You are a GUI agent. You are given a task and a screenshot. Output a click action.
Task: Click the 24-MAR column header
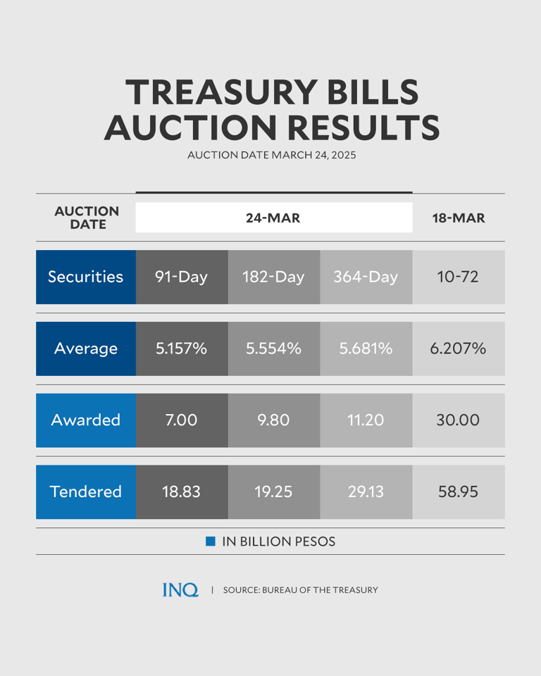pos(273,218)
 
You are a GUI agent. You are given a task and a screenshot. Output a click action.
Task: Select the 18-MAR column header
pos(459,218)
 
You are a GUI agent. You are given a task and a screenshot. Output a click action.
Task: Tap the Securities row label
pos(85,277)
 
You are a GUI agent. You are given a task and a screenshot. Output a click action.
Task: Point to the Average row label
pos(85,349)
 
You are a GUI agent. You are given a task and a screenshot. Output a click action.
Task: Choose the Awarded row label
pos(85,420)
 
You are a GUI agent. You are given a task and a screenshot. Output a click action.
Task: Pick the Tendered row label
pos(85,492)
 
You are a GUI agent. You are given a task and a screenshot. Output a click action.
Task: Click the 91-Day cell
pos(182,277)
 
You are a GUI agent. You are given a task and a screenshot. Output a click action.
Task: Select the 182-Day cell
pos(273,277)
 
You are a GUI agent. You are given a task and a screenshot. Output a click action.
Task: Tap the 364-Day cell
pos(366,277)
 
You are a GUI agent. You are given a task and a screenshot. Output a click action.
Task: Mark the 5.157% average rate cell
pos(182,349)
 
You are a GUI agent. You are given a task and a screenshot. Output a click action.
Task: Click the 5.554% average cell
pos(273,349)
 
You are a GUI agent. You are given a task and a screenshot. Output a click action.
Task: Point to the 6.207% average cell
pos(459,349)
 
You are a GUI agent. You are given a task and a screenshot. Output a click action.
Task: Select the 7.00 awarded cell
pos(182,420)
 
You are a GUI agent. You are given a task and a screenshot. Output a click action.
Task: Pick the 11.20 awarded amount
pos(366,420)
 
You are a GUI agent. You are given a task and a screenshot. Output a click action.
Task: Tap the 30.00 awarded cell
pos(459,420)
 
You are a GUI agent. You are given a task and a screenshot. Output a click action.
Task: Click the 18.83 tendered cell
pos(182,492)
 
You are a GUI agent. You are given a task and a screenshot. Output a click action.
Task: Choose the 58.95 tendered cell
pos(459,492)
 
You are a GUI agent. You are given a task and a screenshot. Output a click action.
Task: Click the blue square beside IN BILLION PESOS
pos(210,542)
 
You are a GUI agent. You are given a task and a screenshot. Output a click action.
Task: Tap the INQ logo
pos(180,590)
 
